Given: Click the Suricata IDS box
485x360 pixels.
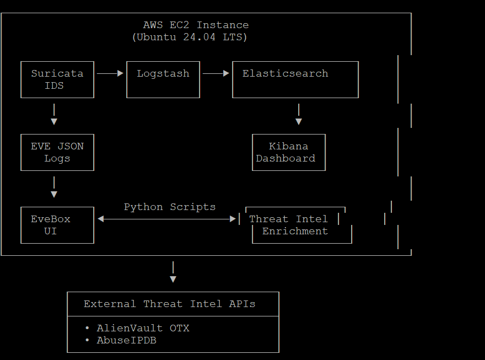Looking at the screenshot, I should point(57,79).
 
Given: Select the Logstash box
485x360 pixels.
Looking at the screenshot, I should point(163,79).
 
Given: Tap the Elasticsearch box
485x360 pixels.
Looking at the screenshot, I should point(295,79).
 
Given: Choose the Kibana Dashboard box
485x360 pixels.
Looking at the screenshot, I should point(289,152).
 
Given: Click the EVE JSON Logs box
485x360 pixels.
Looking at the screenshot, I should point(57,152).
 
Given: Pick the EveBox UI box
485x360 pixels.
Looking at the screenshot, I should point(57,225).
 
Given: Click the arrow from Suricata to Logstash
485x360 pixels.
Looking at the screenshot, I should point(110,73).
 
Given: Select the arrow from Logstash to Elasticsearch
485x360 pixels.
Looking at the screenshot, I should point(216,73).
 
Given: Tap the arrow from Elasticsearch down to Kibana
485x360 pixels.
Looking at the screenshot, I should point(299,115).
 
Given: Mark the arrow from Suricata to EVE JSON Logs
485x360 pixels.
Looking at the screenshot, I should point(54,115).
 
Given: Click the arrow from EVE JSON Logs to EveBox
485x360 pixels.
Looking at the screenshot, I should point(54,188).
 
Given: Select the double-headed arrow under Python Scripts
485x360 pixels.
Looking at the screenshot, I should point(166,219).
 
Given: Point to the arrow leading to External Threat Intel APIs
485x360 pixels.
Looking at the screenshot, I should point(173,272).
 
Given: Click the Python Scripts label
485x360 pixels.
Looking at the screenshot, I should point(170,207).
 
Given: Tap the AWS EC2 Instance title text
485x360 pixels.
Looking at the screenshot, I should point(196,25).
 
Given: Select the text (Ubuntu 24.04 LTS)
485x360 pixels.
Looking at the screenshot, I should point(190,37).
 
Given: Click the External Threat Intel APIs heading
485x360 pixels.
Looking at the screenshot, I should point(170,304).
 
